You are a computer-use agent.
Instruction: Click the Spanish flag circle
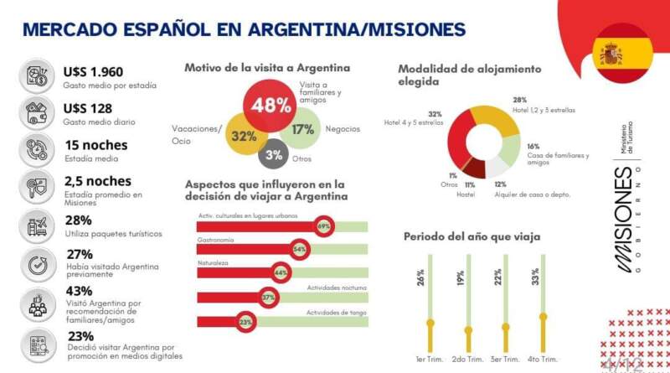click(x=621, y=55)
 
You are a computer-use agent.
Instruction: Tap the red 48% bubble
click(x=272, y=106)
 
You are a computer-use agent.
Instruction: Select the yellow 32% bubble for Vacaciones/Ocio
click(x=244, y=136)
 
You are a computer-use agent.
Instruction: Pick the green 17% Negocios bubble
click(x=303, y=129)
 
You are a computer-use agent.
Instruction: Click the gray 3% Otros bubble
click(x=274, y=154)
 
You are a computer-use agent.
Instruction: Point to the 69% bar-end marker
click(x=324, y=226)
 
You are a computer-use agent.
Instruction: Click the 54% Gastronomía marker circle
click(x=299, y=250)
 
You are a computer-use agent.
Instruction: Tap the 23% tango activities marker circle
click(x=245, y=321)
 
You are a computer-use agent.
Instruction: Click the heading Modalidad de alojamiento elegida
click(x=469, y=75)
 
